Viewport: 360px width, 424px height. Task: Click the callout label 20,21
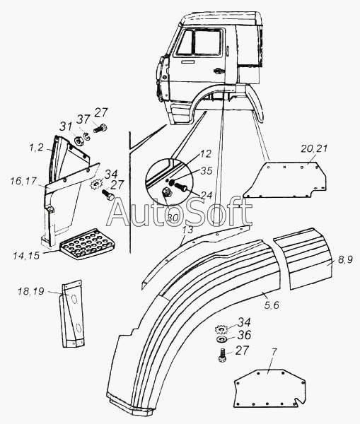click(313, 148)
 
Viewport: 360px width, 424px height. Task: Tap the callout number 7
click(274, 352)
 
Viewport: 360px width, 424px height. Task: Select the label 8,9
click(345, 260)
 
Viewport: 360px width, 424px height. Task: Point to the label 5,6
click(272, 305)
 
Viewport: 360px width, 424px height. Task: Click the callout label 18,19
click(31, 291)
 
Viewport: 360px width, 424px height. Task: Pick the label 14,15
click(26, 255)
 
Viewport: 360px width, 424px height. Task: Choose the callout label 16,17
click(23, 181)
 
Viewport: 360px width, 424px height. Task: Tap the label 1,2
click(36, 148)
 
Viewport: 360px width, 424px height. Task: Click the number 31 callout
click(66, 126)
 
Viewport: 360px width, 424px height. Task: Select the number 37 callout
click(83, 119)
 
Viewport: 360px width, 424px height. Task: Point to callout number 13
click(187, 230)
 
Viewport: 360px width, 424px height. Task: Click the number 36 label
click(244, 335)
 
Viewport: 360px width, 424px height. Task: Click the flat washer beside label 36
click(221, 338)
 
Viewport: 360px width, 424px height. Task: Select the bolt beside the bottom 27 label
click(222, 355)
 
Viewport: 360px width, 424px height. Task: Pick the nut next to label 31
click(79, 141)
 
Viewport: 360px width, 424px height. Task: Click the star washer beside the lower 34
click(220, 329)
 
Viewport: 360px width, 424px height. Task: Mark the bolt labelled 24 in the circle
click(181, 187)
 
